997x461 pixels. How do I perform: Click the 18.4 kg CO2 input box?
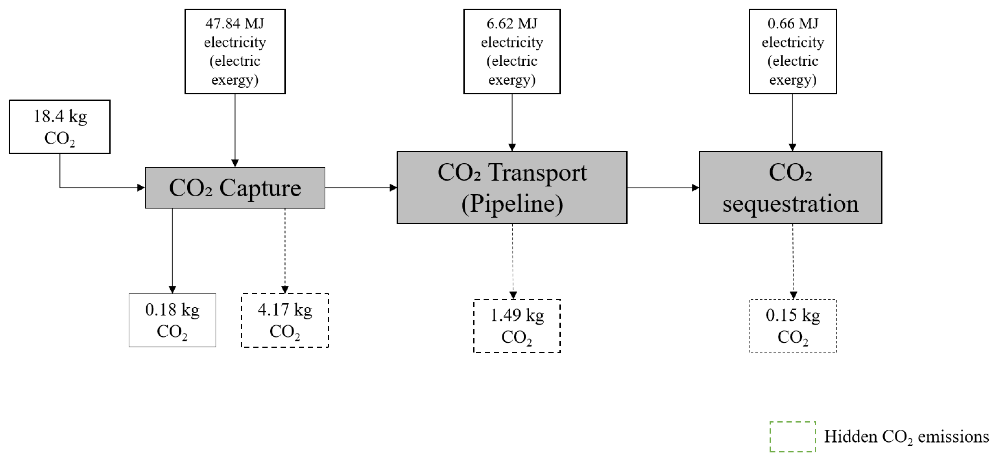point(60,127)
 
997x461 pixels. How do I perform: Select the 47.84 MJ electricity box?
point(235,52)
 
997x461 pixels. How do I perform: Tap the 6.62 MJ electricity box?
point(512,52)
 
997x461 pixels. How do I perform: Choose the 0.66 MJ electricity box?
point(793,52)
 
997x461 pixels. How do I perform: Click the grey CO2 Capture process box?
point(235,188)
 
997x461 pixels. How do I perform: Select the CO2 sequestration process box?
point(790,187)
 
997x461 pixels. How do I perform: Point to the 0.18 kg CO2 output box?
point(172,320)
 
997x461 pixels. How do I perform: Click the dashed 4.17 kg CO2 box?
point(285,320)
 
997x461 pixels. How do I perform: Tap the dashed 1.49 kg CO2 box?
point(517,326)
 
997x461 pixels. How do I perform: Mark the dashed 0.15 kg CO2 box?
point(793,326)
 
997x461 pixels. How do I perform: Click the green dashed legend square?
point(793,437)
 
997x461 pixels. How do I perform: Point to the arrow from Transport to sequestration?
point(663,188)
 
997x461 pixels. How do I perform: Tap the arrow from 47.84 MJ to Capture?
point(235,130)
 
